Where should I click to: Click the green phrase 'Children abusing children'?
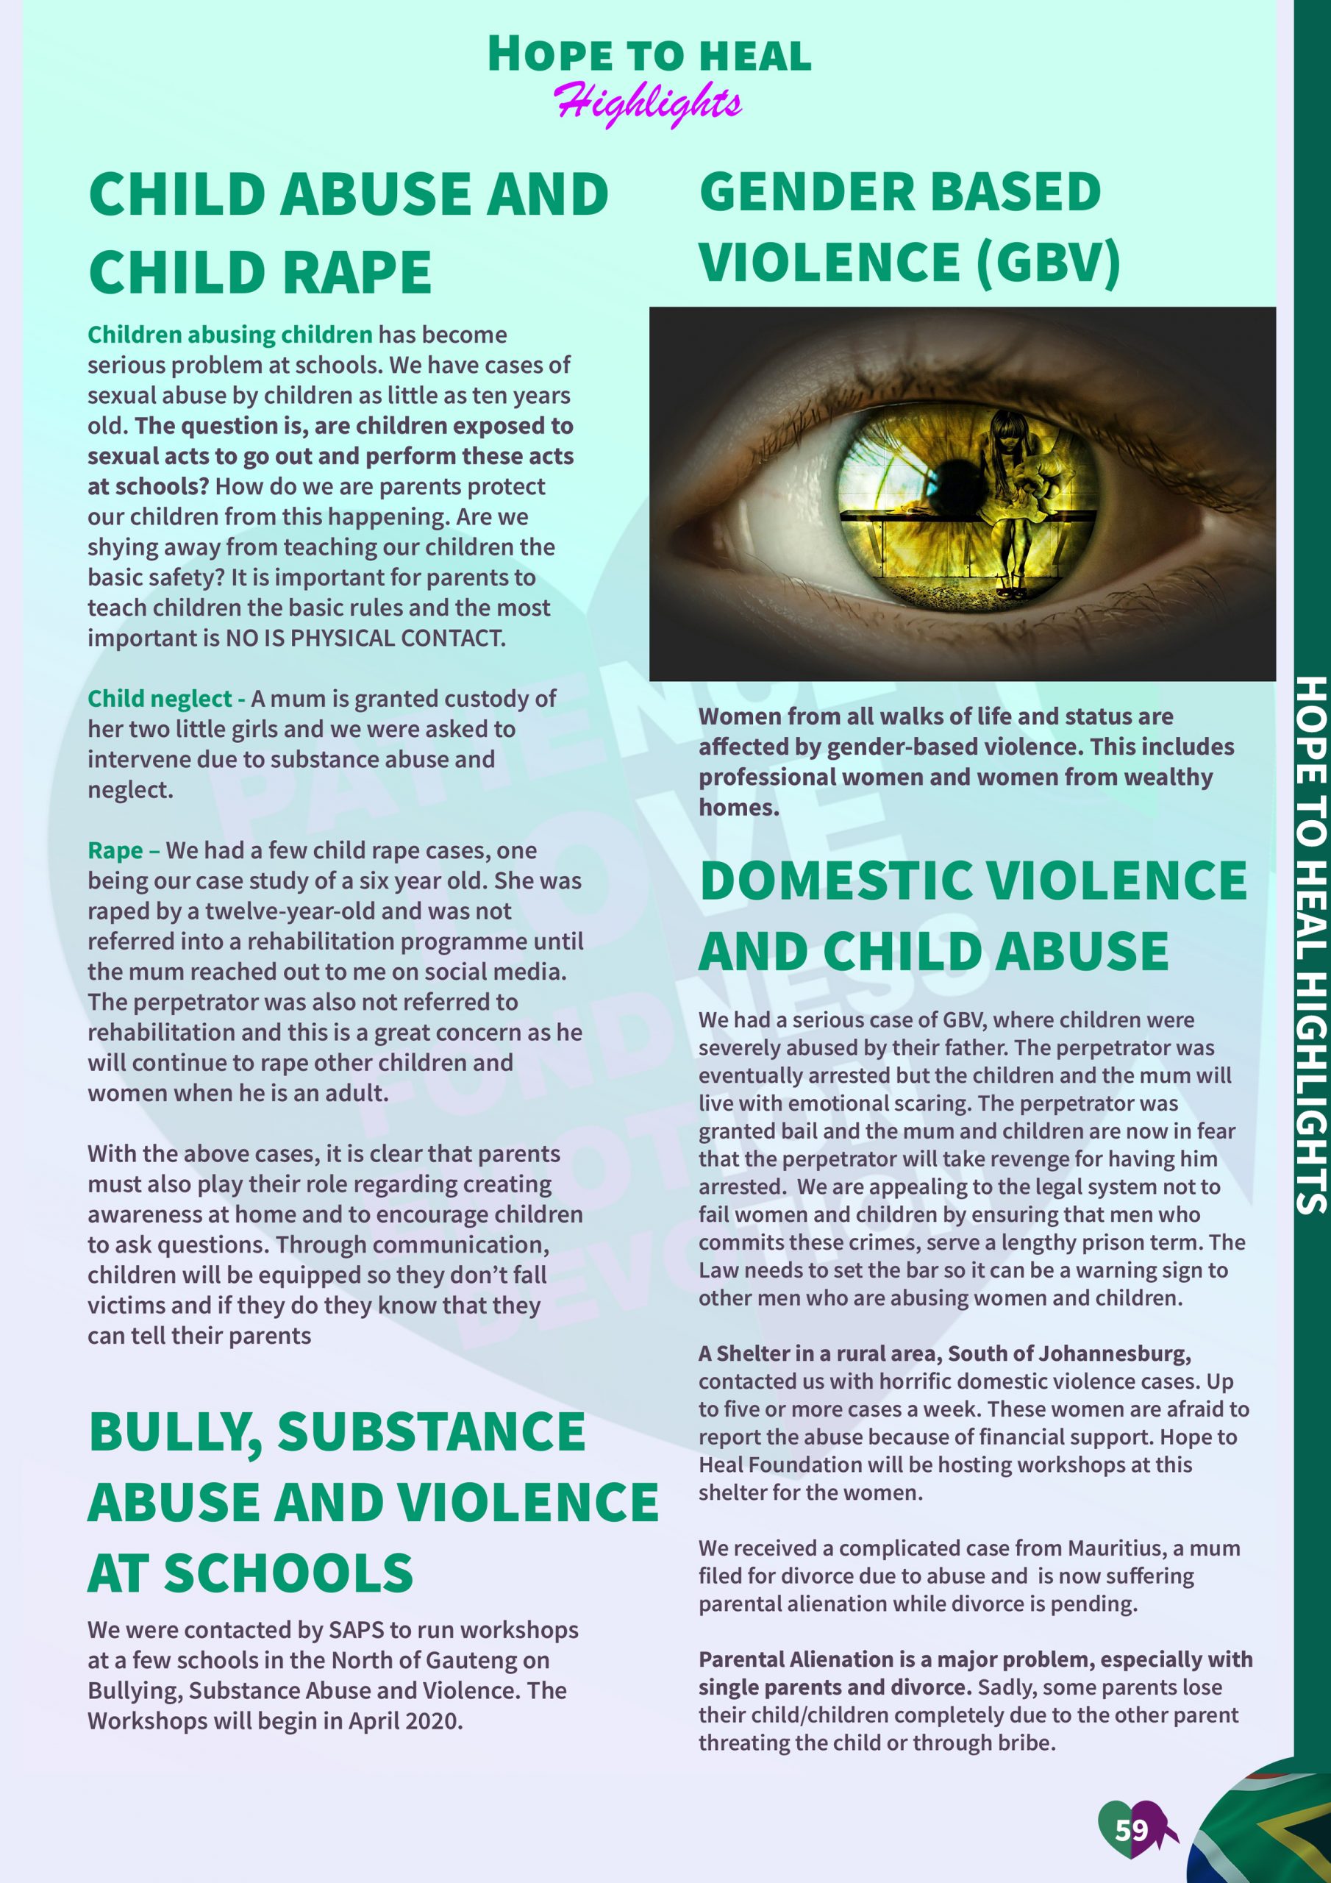point(229,335)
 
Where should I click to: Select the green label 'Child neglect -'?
point(166,699)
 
